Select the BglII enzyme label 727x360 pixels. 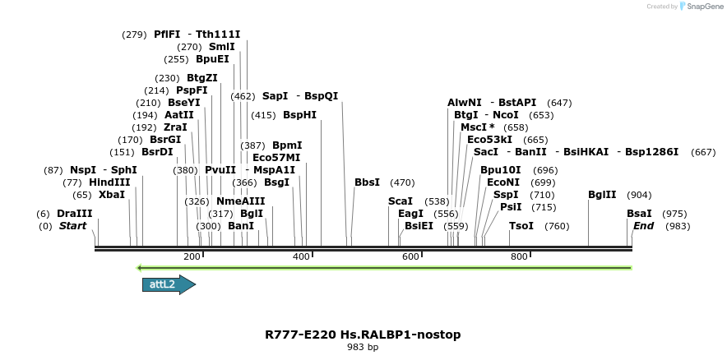click(x=602, y=195)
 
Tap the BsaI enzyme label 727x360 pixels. click(x=639, y=213)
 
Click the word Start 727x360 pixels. click(x=72, y=226)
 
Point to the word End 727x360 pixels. click(x=643, y=226)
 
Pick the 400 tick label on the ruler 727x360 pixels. click(x=300, y=256)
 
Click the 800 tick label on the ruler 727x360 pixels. click(x=519, y=256)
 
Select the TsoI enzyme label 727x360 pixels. click(x=521, y=226)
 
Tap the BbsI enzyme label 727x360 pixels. click(x=367, y=182)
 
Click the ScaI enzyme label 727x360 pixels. click(x=401, y=201)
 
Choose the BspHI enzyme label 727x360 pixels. click(x=299, y=115)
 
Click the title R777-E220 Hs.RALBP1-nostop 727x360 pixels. click(x=363, y=335)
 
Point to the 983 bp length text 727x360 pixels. click(x=363, y=348)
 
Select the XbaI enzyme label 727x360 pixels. click(x=112, y=195)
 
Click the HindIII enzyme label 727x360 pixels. click(x=109, y=182)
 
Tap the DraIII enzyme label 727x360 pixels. click(x=75, y=213)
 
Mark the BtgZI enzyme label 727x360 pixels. click(x=202, y=78)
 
